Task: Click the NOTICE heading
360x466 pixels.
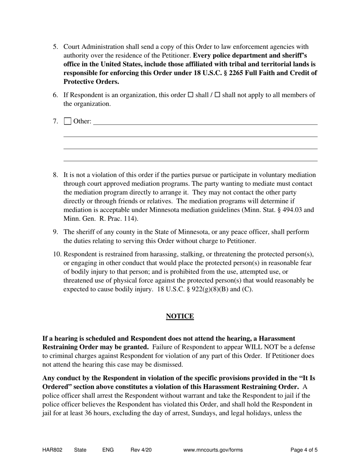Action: pyautogui.click(x=180, y=316)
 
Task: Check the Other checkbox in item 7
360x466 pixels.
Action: pyautogui.click(x=67, y=121)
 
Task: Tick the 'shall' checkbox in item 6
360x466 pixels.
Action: pyautogui.click(x=191, y=95)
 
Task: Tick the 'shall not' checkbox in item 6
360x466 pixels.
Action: pyautogui.click(x=217, y=95)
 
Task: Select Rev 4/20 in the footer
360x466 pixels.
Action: pyautogui.click(x=141, y=450)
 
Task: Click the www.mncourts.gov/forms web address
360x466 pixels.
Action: pyautogui.click(x=213, y=450)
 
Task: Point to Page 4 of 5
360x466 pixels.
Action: pyautogui.click(x=304, y=450)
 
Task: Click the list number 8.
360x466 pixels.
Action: pyautogui.click(x=55, y=175)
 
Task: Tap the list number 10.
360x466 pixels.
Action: pyautogui.click(x=57, y=254)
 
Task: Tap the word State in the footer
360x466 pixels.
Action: pyautogui.click(x=80, y=450)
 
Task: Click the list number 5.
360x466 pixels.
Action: pyautogui.click(x=55, y=47)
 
